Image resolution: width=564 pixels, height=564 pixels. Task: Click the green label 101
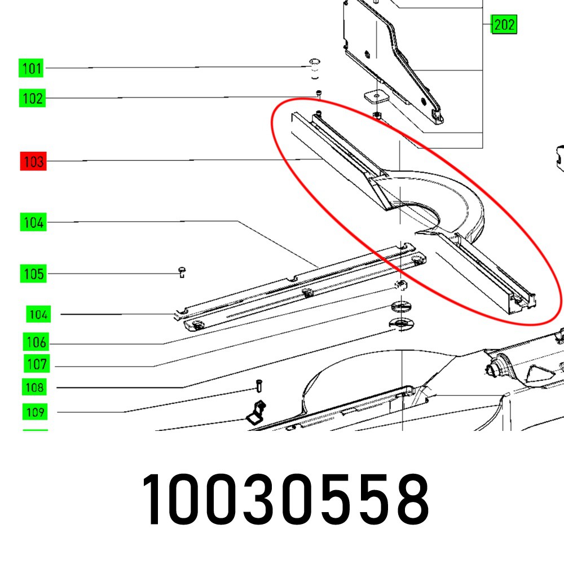click(x=31, y=68)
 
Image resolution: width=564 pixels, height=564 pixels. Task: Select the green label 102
click(x=32, y=98)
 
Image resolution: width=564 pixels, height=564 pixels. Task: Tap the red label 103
click(x=33, y=161)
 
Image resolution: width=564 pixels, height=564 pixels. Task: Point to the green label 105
click(x=33, y=274)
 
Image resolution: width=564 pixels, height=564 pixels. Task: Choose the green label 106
click(x=36, y=342)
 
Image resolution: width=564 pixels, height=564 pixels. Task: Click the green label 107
click(x=37, y=364)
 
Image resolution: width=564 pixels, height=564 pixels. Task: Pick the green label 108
click(x=34, y=387)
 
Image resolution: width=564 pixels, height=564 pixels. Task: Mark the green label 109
click(x=35, y=412)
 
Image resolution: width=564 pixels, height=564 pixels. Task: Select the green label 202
click(x=504, y=24)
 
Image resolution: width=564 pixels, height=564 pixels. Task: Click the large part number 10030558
click(x=286, y=500)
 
